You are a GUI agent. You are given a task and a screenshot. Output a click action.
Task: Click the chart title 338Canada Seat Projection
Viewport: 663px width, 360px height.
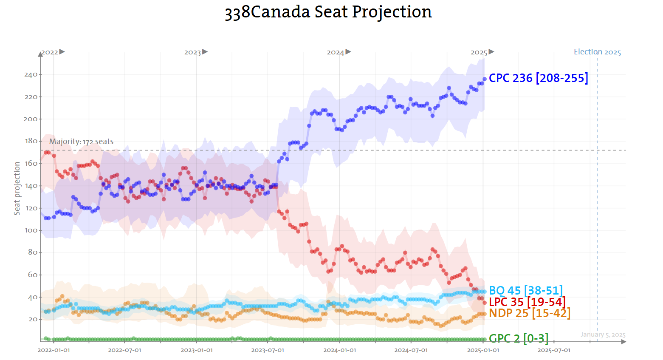click(328, 12)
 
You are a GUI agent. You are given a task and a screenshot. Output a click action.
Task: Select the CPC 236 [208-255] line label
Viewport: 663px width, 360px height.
click(539, 78)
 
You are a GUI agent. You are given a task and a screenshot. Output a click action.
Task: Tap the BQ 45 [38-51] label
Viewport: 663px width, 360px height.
click(526, 291)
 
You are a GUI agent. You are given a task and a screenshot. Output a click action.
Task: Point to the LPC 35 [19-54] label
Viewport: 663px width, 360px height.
click(527, 302)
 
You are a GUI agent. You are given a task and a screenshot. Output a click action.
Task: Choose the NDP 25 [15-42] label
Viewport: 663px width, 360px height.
click(530, 313)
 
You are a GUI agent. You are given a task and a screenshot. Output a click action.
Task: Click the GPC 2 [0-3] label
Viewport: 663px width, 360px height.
click(519, 338)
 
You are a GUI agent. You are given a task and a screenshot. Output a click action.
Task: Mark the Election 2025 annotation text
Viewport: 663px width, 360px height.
click(597, 52)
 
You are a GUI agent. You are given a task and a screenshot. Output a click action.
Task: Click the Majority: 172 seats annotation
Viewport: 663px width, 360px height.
click(81, 142)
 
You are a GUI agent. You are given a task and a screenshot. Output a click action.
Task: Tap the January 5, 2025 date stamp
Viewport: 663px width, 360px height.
click(603, 335)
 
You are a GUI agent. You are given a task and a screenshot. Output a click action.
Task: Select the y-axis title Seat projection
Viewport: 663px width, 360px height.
click(17, 188)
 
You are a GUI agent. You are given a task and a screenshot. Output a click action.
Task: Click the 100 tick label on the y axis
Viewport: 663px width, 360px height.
click(31, 230)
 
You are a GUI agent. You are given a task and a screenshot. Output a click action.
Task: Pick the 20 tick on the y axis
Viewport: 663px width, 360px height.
click(33, 319)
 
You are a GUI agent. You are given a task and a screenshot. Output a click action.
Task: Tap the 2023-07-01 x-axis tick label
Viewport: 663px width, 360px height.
click(268, 350)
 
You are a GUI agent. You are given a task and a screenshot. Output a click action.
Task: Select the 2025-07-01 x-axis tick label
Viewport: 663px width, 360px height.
click(554, 350)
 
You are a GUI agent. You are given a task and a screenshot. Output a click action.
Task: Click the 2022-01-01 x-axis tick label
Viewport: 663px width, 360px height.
click(54, 350)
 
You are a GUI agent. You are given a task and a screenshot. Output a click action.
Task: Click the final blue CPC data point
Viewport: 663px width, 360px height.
click(485, 79)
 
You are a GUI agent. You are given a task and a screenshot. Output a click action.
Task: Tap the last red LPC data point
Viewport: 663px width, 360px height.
click(485, 303)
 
